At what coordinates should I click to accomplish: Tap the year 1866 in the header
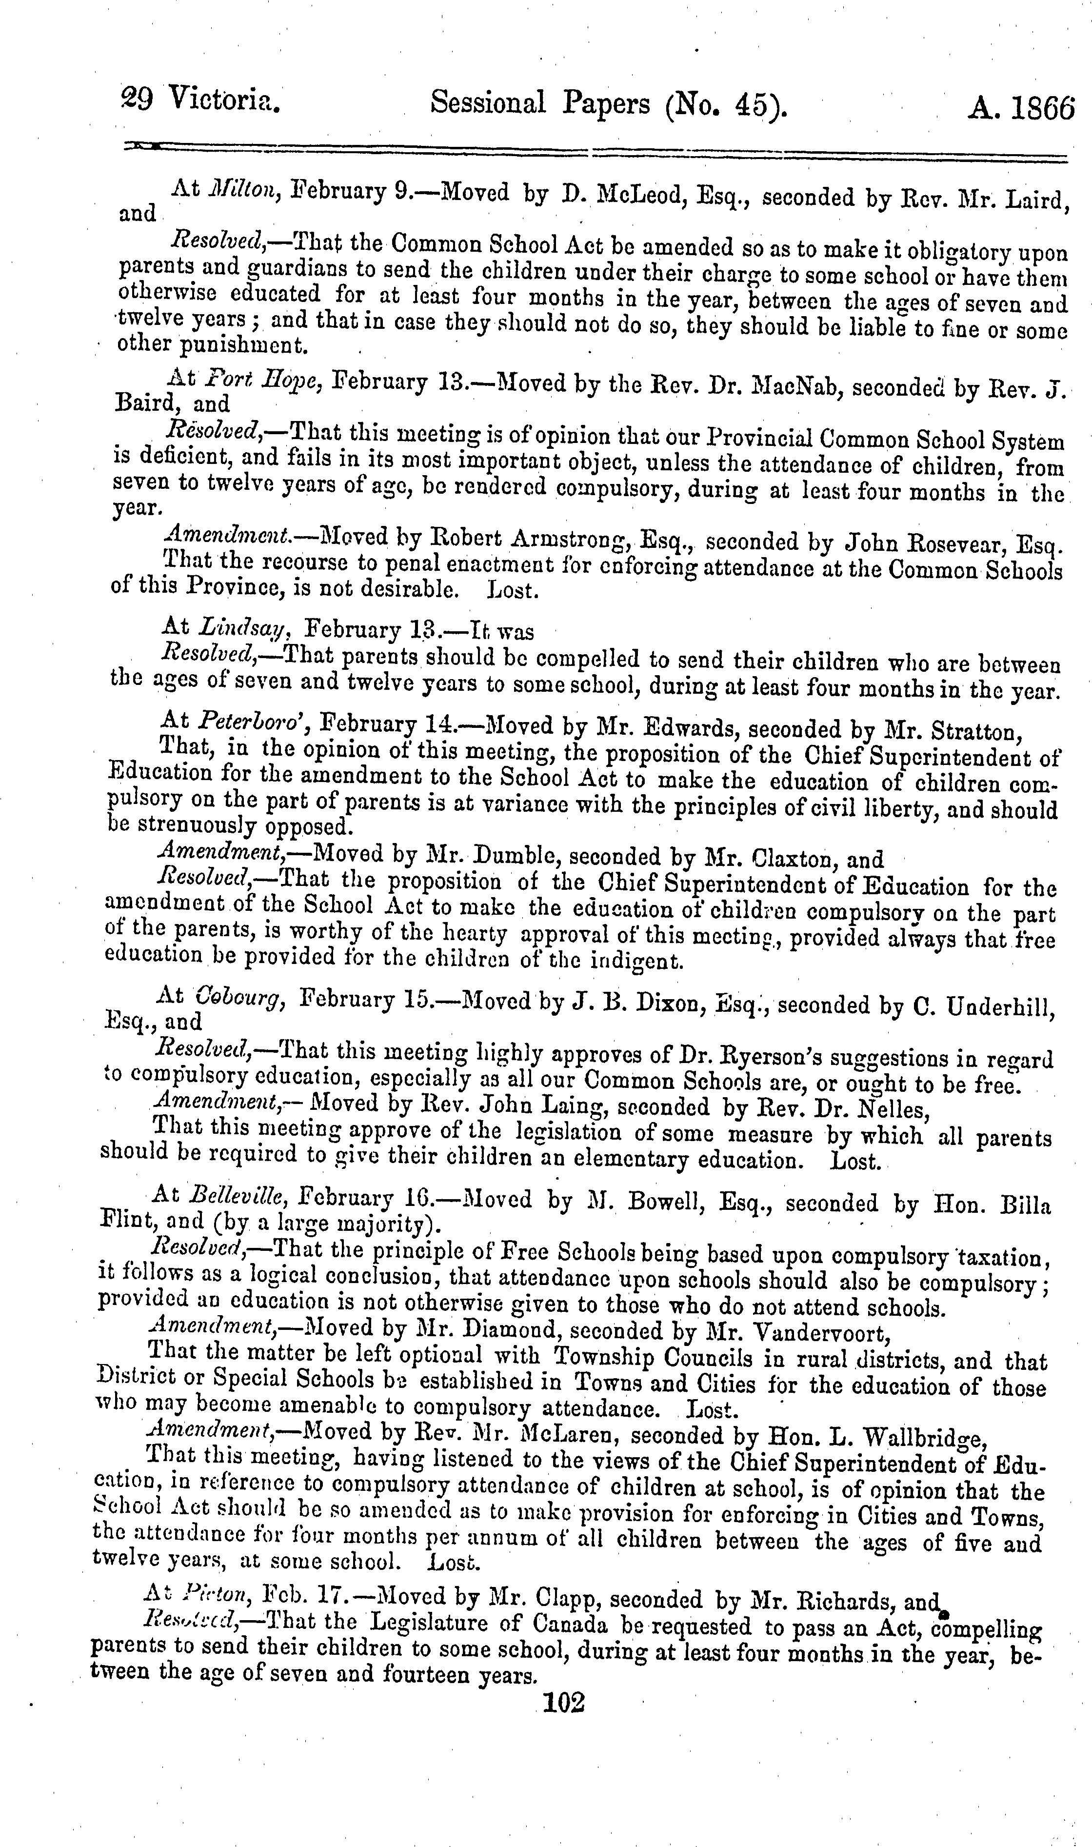click(x=1043, y=108)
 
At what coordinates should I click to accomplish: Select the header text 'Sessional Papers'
click(x=540, y=103)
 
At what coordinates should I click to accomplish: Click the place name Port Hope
click(x=261, y=381)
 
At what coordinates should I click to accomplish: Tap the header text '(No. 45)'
click(x=725, y=104)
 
